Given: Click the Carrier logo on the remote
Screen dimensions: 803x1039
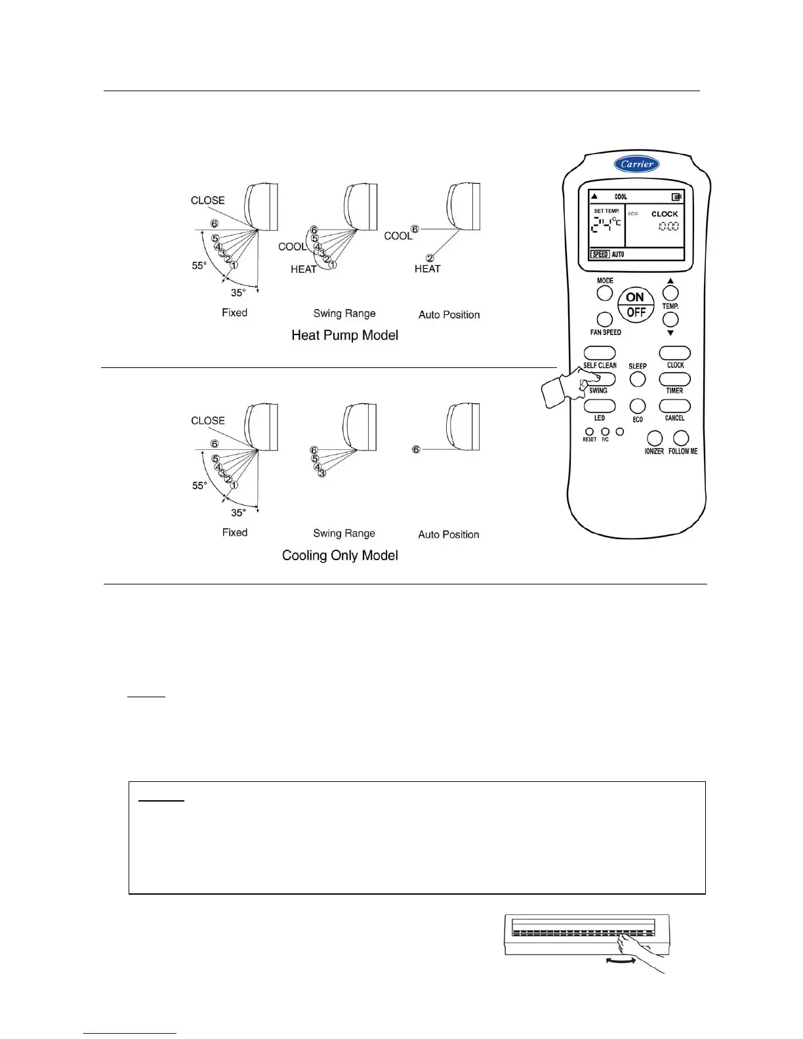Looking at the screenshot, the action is tap(636, 164).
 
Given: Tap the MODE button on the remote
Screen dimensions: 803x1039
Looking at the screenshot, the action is tap(605, 293).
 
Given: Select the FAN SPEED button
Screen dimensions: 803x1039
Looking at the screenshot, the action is tap(605, 319).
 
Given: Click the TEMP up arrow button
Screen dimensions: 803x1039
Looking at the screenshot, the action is tap(670, 293).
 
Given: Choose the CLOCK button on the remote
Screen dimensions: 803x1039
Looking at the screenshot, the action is tap(674, 354).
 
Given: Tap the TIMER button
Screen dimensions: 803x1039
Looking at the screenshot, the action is tap(674, 379).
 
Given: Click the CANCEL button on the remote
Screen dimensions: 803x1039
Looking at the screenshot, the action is tap(674, 407).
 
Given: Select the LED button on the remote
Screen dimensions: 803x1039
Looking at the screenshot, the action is tap(600, 406).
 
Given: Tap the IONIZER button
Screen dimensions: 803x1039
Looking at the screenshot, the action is tap(654, 438).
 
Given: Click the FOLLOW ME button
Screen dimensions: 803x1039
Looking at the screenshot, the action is tap(682, 438).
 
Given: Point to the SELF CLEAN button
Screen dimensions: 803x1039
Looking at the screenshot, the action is tap(600, 354).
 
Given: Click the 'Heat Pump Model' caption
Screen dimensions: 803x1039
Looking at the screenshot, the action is tap(344, 335).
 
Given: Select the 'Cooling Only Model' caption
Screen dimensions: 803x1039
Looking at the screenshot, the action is tap(340, 556).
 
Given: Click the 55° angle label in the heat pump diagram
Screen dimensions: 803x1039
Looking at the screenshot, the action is tap(199, 266).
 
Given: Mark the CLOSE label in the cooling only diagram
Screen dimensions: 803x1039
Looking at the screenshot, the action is tap(207, 420).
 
